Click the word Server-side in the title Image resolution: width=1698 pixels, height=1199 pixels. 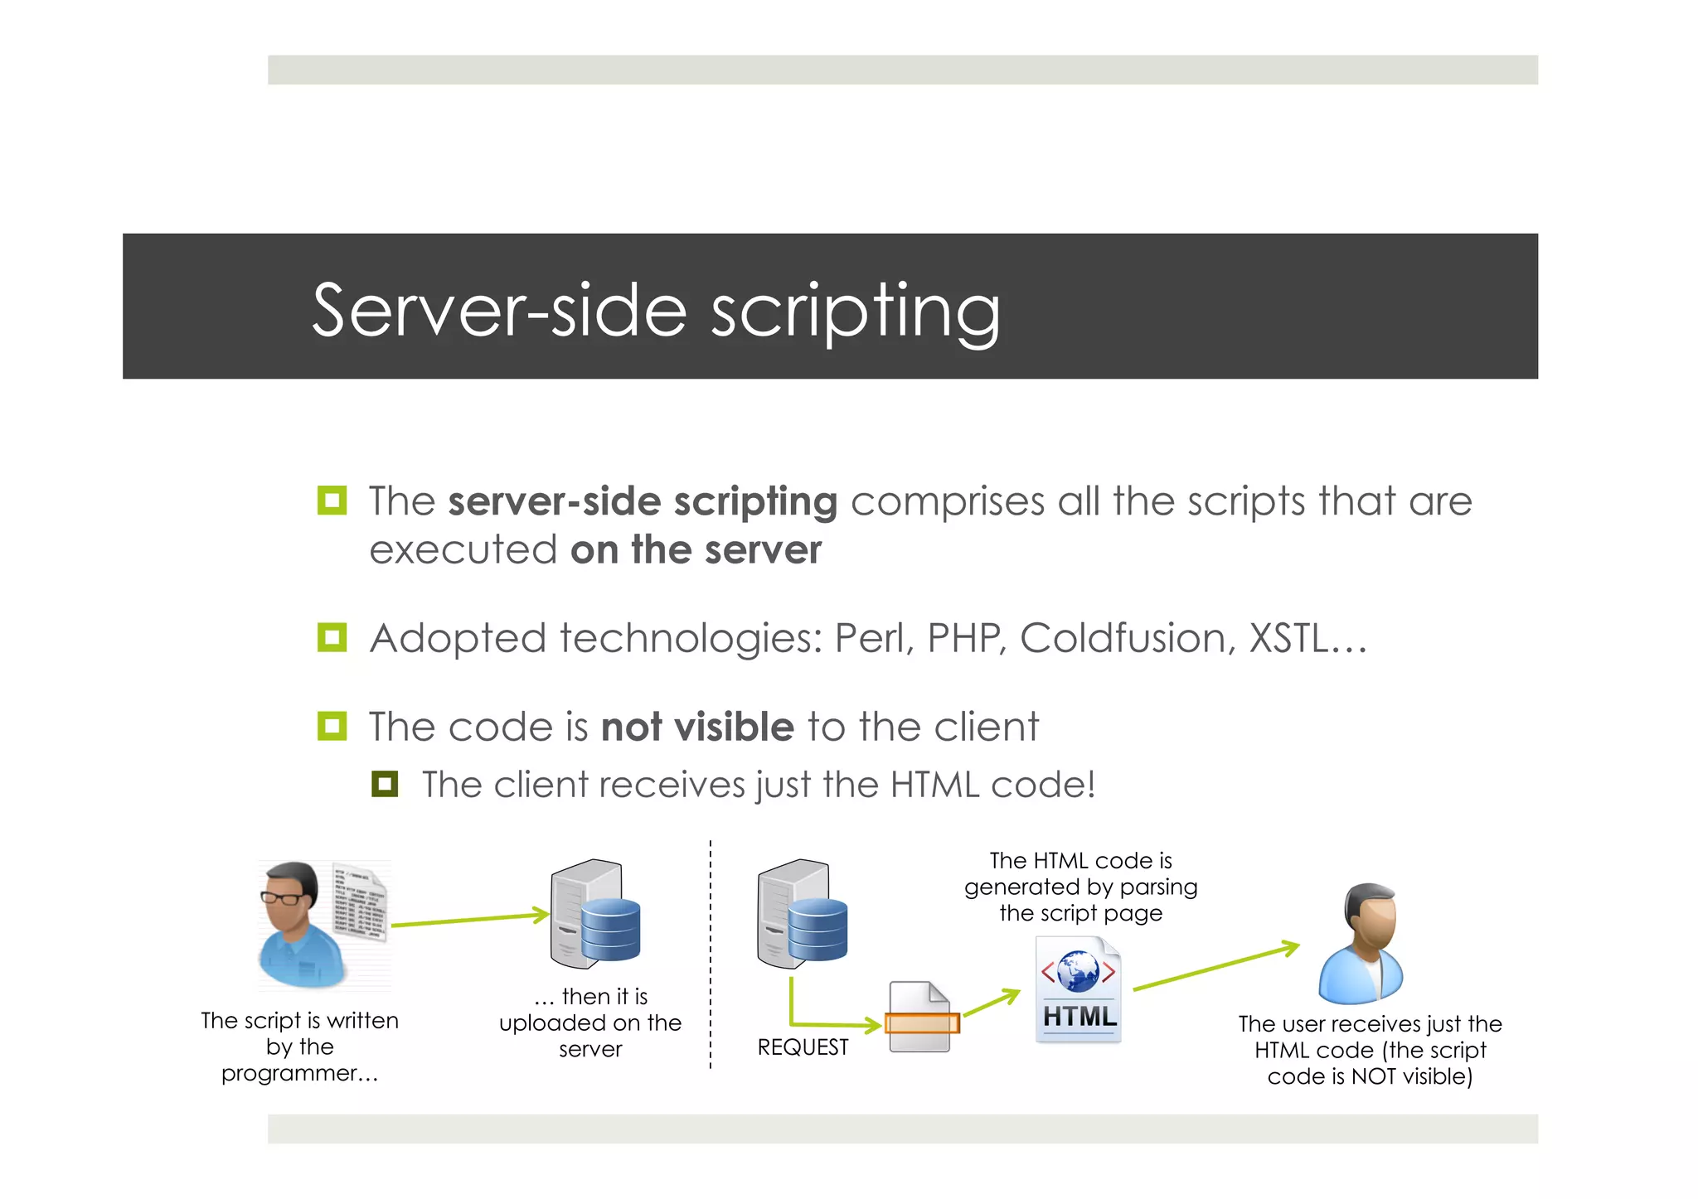coord(498,311)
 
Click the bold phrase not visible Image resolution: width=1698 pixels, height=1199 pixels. coord(697,728)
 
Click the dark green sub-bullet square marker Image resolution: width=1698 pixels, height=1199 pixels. coord(385,784)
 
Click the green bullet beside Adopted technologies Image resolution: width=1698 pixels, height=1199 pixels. coord(332,637)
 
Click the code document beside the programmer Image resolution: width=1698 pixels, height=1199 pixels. coord(360,903)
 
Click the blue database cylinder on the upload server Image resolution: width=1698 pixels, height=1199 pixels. coord(611,930)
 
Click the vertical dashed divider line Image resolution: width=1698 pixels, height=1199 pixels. coord(711,953)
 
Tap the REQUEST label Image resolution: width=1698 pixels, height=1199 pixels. coord(803,1047)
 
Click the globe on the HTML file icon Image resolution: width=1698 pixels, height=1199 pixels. coord(1078,971)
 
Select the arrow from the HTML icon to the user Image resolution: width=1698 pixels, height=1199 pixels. coord(1215,967)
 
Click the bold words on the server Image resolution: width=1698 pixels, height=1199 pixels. coord(696,550)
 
